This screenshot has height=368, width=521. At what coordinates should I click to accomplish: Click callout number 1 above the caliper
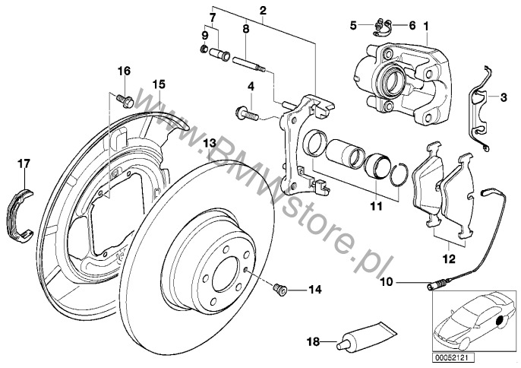click(426, 25)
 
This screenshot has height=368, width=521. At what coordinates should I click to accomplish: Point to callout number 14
click(316, 290)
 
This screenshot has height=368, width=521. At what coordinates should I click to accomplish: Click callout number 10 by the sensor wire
click(409, 284)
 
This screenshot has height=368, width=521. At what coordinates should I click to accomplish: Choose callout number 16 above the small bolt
click(124, 71)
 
